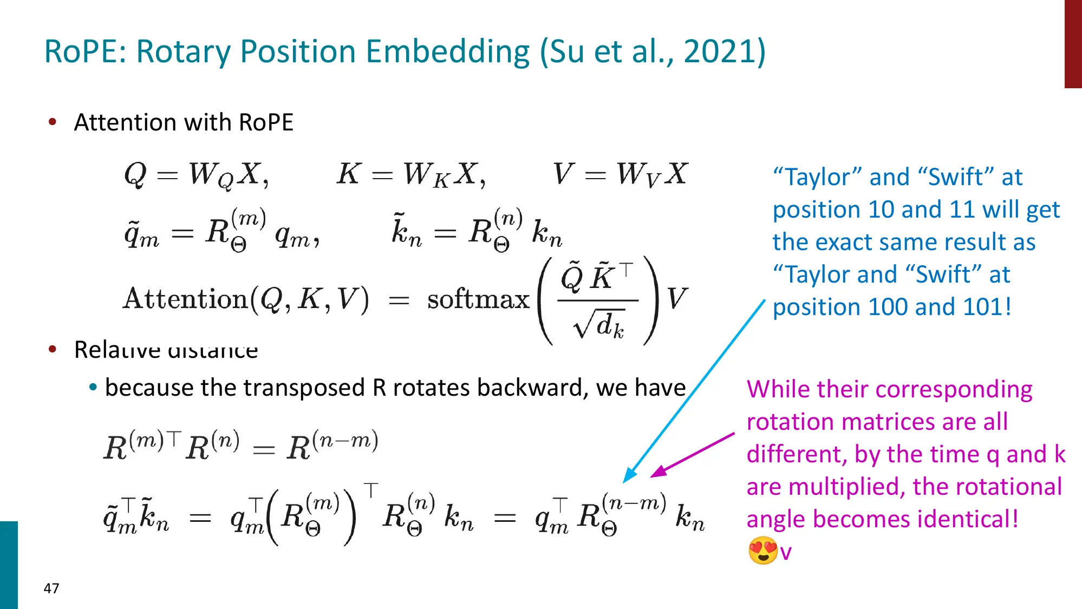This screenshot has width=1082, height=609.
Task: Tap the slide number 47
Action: click(51, 588)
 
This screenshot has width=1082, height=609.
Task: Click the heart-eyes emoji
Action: click(762, 551)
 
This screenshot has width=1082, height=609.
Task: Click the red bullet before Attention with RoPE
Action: click(53, 122)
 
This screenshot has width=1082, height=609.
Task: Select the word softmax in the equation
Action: click(478, 299)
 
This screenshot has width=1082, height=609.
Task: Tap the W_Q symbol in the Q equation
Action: click(210, 175)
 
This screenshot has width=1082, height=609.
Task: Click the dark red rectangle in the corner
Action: click(1073, 43)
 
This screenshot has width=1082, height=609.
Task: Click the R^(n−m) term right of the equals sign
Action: click(332, 447)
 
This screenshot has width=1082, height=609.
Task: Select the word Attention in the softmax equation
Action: click(185, 299)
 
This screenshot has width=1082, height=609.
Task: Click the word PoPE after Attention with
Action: click(265, 122)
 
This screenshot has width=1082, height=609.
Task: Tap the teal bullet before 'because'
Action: click(93, 388)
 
